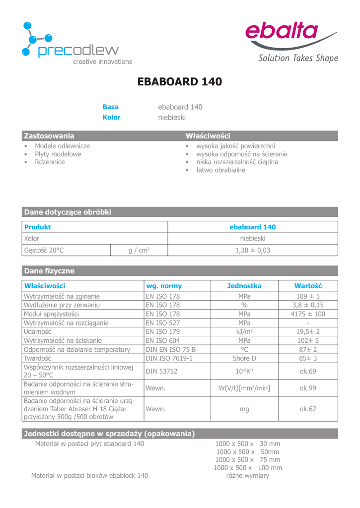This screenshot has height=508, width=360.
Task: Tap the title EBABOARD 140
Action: [x=180, y=82]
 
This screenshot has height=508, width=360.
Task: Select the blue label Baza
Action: [x=110, y=107]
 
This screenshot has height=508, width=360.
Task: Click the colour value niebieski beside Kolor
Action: [x=172, y=118]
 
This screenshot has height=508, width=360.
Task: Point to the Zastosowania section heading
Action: [x=49, y=136]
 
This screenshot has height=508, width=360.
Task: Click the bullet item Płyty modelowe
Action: [x=58, y=154]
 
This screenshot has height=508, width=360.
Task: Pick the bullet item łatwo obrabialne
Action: [x=220, y=170]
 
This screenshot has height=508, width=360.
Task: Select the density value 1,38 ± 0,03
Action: [x=253, y=251]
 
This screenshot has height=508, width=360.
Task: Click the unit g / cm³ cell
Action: [x=139, y=251]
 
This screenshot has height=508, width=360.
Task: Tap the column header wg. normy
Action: [x=163, y=286]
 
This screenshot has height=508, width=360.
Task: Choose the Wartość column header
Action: [x=308, y=286]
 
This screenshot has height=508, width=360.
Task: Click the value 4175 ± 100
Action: [x=308, y=314]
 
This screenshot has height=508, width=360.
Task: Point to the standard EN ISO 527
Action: [x=162, y=323]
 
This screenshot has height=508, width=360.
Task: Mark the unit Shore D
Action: [x=244, y=358]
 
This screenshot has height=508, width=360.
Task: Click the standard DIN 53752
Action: [x=161, y=371]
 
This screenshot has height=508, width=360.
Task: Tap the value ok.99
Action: [x=308, y=388]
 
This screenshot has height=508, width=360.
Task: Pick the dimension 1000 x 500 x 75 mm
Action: [x=248, y=460]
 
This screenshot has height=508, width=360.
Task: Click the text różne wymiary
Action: [x=247, y=476]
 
